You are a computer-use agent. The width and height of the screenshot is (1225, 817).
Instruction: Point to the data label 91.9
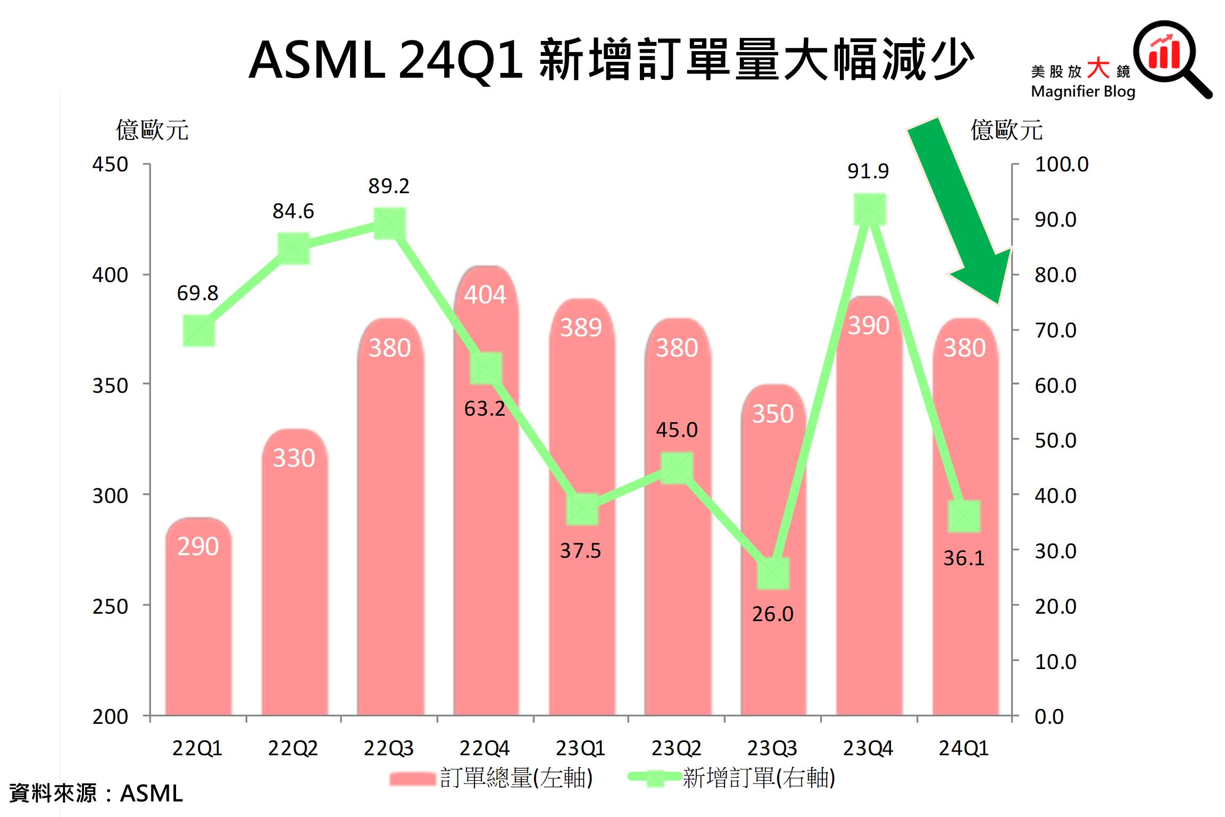point(868,171)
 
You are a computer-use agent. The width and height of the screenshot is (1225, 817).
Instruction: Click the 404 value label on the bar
point(485,294)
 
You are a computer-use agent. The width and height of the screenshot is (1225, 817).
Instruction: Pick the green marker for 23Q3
point(773,573)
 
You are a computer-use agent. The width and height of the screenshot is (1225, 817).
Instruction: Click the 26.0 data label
point(772,614)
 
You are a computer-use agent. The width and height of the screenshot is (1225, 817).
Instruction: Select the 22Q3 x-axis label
point(388,748)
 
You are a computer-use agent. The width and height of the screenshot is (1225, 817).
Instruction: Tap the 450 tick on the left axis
point(110,164)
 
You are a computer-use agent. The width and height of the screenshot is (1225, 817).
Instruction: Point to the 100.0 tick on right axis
point(1061,164)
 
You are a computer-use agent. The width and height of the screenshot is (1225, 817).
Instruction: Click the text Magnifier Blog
point(1082,92)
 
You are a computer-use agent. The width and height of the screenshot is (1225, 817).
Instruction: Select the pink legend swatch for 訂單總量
point(412,779)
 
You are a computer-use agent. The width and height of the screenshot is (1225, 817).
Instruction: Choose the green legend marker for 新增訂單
point(655,778)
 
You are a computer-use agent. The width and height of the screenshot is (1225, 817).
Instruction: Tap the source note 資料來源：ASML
point(96,793)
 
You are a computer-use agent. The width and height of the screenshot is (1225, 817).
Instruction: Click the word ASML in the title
point(317,60)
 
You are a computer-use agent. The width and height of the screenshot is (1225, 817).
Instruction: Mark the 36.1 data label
point(964,558)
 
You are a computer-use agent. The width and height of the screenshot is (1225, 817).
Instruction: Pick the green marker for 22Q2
point(294,248)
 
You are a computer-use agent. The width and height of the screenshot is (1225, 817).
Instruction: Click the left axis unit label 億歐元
point(152,130)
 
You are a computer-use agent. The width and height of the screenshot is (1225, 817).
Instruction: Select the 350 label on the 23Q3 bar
point(772,414)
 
